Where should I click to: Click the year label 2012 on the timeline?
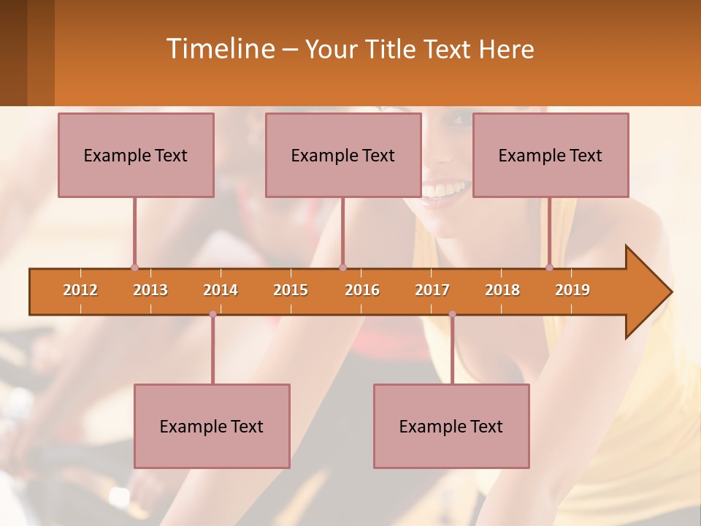click(x=80, y=290)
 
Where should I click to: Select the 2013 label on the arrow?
click(x=150, y=290)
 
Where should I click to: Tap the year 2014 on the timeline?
click(x=221, y=290)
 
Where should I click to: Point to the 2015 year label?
click(x=291, y=290)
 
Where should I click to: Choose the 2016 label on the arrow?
click(x=362, y=290)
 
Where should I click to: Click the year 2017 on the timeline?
click(x=432, y=290)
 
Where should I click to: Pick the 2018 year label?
click(x=502, y=290)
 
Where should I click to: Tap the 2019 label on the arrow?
click(x=572, y=290)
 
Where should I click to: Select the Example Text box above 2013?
click(x=136, y=156)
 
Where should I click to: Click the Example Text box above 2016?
click(x=343, y=156)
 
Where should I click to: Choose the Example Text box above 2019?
click(x=551, y=156)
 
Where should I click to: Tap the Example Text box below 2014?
click(x=212, y=427)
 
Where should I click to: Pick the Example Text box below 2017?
click(x=451, y=427)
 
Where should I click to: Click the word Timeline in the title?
click(x=219, y=49)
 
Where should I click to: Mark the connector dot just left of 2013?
click(x=134, y=268)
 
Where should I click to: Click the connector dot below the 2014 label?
click(x=212, y=314)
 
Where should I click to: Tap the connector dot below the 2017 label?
click(x=452, y=314)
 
